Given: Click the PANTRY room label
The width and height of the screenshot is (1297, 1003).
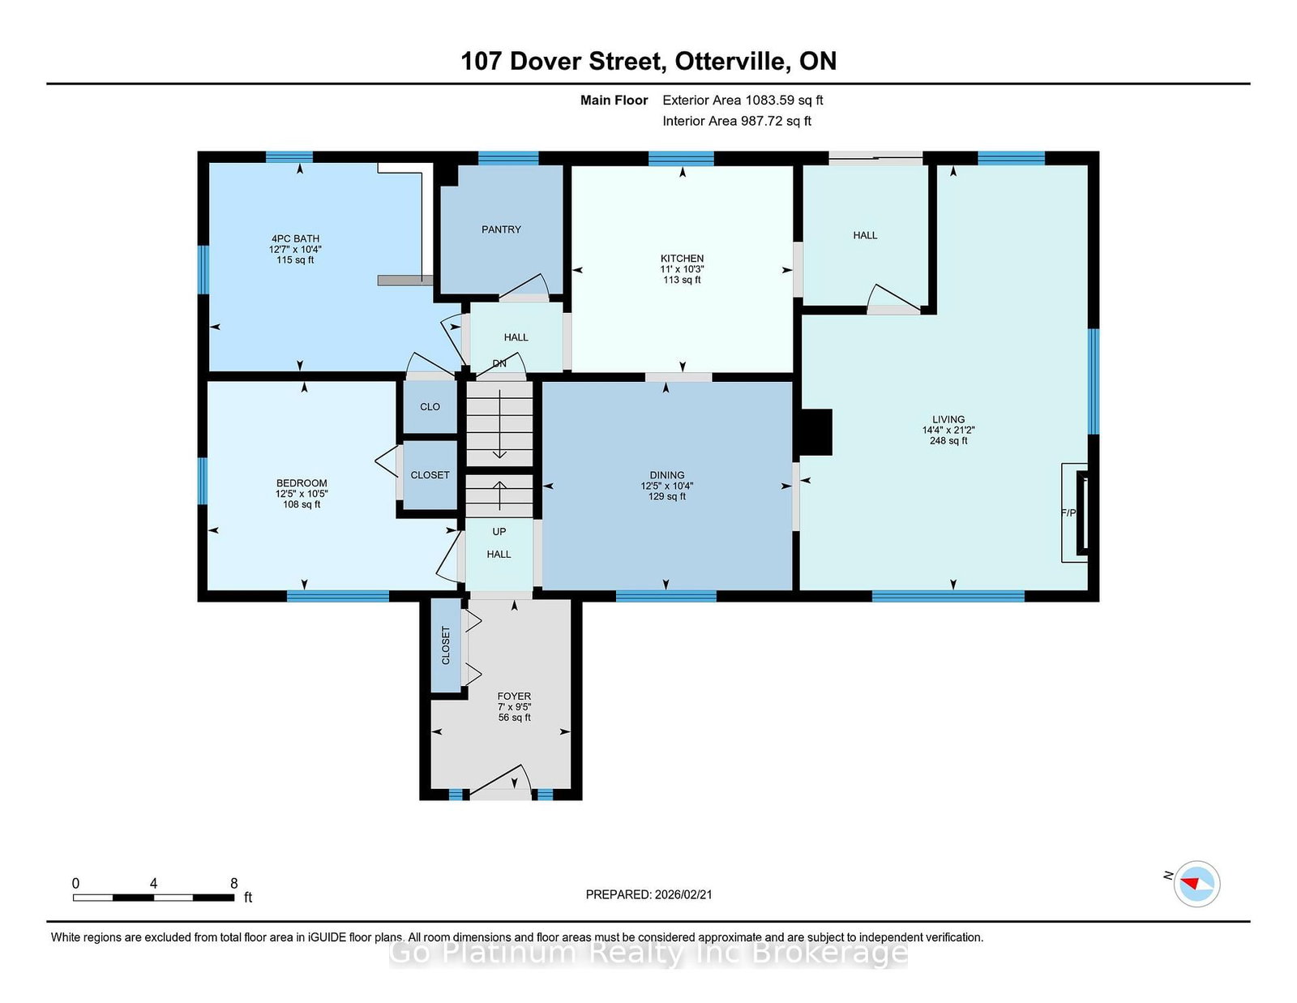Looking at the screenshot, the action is click(501, 229).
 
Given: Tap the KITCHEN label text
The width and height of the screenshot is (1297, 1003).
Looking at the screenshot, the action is click(682, 259).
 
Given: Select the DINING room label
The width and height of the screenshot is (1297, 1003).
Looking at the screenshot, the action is click(666, 475).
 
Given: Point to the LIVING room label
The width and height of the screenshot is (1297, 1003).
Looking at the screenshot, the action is click(948, 419).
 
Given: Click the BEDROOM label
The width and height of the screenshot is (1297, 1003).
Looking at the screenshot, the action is click(302, 483).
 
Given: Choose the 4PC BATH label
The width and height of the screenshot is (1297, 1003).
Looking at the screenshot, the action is click(295, 239).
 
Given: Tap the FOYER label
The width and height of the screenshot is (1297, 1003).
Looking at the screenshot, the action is click(514, 697).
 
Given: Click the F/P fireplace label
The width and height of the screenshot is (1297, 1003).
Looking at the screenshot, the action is click(1068, 512).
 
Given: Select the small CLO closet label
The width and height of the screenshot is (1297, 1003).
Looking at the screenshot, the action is click(430, 406).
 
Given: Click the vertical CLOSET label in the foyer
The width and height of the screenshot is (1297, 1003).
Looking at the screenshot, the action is click(445, 645).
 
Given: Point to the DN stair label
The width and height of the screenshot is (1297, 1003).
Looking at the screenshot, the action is click(499, 363).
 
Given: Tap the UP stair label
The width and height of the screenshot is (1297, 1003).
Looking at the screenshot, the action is click(499, 531).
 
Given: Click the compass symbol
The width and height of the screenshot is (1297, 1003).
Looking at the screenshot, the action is click(1196, 884).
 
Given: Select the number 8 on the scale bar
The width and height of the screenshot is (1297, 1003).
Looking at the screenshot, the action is click(234, 884).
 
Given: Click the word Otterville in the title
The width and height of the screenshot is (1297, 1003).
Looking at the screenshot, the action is click(730, 61).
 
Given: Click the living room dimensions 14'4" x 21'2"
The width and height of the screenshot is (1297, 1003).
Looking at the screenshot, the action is click(948, 430).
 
